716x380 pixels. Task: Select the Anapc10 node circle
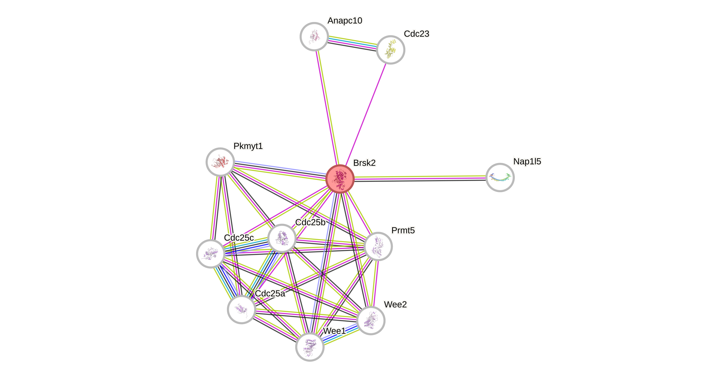tap(314, 36)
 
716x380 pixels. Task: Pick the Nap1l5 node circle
tap(500, 177)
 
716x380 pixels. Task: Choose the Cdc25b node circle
tap(282, 238)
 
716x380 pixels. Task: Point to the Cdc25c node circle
tap(211, 254)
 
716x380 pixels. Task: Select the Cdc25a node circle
tap(241, 309)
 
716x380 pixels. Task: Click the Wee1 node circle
tap(310, 347)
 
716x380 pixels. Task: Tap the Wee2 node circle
tap(371, 320)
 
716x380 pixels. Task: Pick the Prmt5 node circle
tap(378, 246)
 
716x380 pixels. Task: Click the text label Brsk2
tap(364, 163)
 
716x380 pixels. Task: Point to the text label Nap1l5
tap(527, 161)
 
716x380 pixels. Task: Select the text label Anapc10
tap(345, 20)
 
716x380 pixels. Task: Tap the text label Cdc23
tap(416, 34)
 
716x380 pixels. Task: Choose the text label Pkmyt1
tap(248, 146)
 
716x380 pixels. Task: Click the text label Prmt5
tap(403, 230)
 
